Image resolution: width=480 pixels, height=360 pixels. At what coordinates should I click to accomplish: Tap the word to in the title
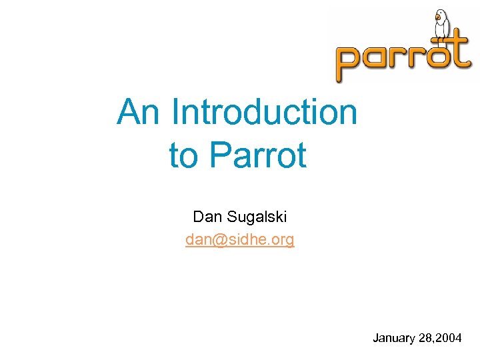pos(183,155)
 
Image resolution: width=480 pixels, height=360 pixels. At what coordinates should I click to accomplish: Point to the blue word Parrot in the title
pos(258,155)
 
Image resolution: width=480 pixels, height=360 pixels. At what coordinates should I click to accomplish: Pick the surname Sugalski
pos(257,217)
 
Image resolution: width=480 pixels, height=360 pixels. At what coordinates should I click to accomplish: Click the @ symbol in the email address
pos(217,240)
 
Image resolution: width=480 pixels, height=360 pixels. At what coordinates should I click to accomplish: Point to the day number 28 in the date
pos(425,339)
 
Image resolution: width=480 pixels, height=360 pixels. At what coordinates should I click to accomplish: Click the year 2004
pos(449,339)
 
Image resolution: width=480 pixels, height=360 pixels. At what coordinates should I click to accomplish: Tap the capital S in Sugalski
pos(233,217)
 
